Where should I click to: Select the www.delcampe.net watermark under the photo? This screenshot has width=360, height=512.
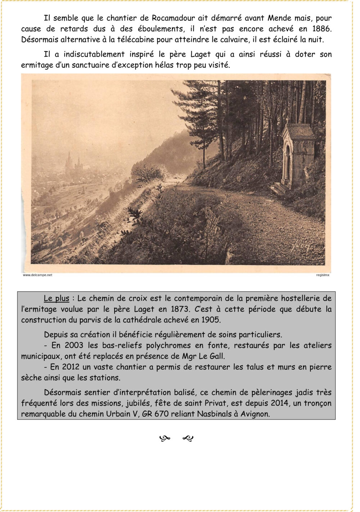[37, 275]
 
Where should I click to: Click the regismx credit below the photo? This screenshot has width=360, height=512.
[323, 275]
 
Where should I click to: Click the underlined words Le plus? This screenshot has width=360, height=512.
[57, 298]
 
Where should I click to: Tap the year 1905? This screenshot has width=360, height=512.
[211, 320]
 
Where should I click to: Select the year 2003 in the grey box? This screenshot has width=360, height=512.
[74, 345]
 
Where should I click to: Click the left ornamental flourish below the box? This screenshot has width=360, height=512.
[165, 438]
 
